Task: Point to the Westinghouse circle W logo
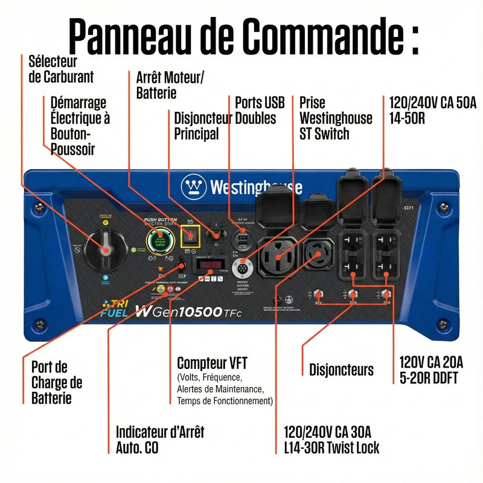[x=194, y=186]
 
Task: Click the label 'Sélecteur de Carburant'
[x=61, y=69]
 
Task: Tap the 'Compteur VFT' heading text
[x=212, y=363]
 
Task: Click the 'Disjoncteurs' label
[x=341, y=369]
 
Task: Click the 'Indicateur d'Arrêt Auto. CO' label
[x=159, y=440]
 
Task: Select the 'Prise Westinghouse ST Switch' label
[x=336, y=117]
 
